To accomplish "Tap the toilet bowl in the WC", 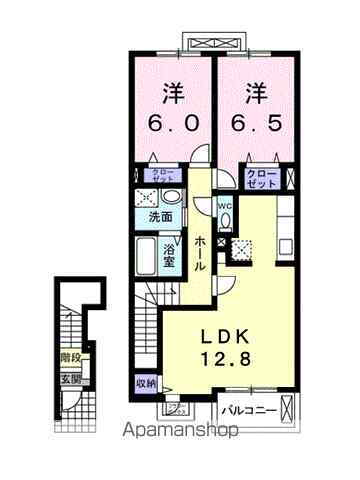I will click(225, 223).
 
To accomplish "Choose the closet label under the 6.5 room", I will click(261, 177).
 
